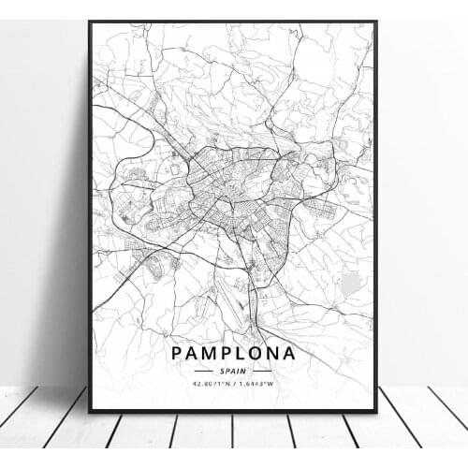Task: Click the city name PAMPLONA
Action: tap(234, 354)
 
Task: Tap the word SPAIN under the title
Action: tap(234, 371)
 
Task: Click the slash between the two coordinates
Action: tap(234, 384)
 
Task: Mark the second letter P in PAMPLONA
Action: tap(228, 354)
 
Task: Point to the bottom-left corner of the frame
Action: tap(90, 411)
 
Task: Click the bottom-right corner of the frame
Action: tap(376, 411)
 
